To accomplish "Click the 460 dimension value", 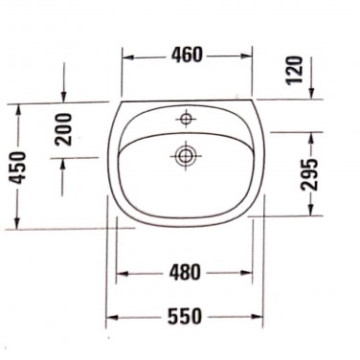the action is (187, 55).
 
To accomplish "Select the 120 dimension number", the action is (294, 70).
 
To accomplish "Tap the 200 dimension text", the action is (63, 129).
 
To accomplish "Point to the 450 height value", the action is (17, 168).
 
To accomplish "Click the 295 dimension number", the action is (309, 175).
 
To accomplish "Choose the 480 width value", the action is (186, 273).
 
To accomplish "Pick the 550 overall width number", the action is (185, 316).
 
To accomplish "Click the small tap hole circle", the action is (186, 119).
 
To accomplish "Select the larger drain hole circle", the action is (185, 156).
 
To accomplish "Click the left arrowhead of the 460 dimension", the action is (128, 57).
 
